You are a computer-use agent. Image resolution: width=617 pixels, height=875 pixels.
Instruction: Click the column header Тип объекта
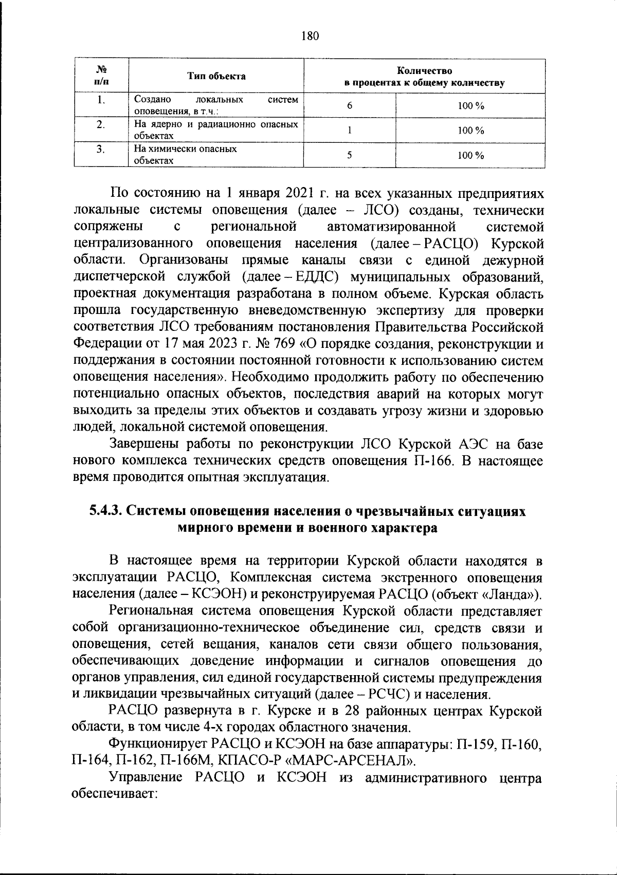(216, 76)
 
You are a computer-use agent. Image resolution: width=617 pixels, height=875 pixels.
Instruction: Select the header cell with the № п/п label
(101, 76)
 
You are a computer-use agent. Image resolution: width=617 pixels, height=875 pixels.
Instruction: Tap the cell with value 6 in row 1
(349, 106)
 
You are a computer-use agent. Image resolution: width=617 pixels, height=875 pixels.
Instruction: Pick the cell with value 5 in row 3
(349, 156)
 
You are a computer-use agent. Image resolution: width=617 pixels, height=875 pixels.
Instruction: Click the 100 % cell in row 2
(470, 131)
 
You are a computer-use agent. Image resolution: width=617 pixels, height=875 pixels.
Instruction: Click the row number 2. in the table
(101, 124)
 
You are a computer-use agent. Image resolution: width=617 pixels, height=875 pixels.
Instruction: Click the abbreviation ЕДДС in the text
(315, 277)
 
